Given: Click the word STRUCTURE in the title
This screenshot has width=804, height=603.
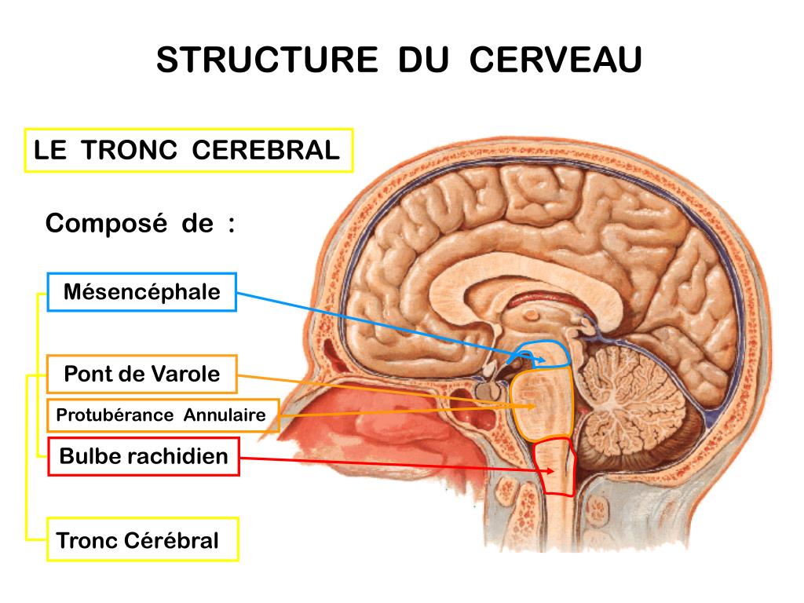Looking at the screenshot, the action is click(267, 60).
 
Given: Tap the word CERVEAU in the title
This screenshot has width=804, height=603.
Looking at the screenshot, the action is click(555, 60).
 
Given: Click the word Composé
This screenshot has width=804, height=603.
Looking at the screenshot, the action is click(106, 224).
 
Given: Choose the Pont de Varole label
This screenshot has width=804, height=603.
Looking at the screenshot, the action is click(141, 374).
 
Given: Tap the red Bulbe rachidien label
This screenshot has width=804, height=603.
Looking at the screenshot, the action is click(144, 456).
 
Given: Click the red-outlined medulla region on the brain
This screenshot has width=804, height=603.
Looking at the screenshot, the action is click(554, 467).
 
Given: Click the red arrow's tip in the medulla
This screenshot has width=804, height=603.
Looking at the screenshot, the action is click(553, 471).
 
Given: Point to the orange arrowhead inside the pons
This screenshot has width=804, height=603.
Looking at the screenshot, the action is click(534, 406).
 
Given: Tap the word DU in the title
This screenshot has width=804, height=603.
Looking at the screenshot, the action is click(423, 60).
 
